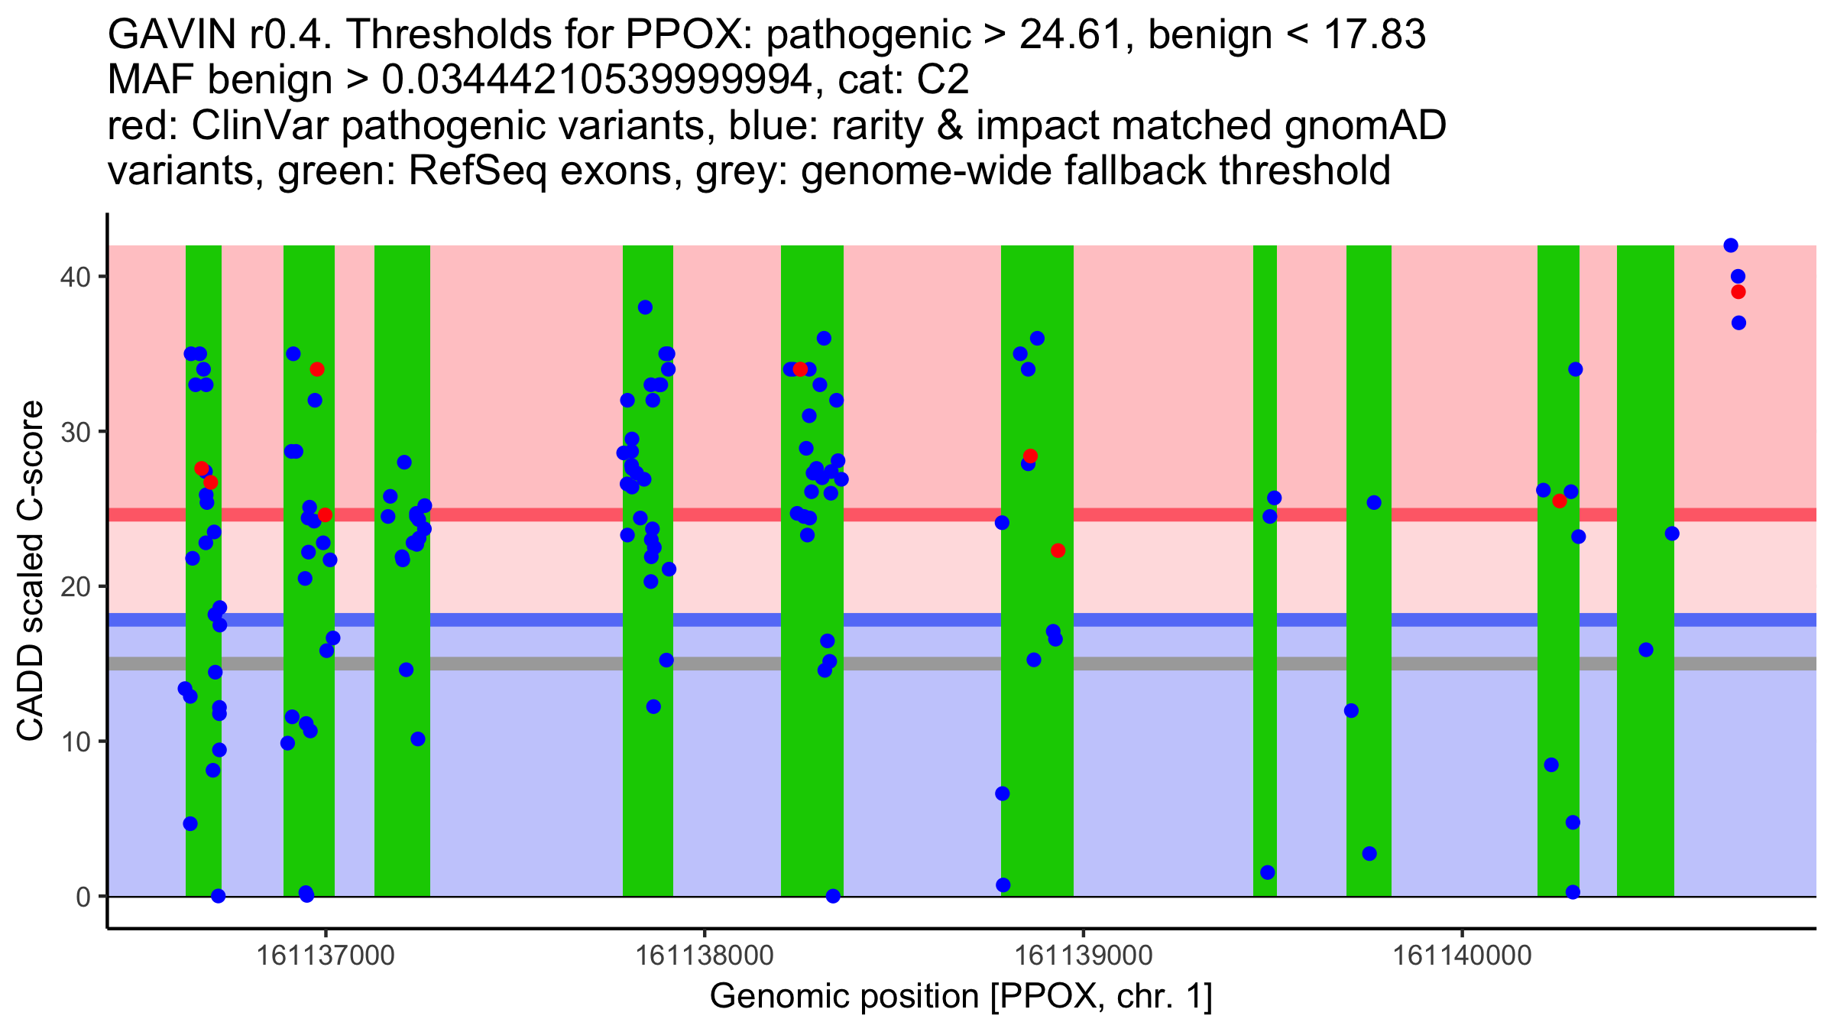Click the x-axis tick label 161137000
pos(326,956)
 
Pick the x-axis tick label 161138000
pos(705,956)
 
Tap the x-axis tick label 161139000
pos(1084,956)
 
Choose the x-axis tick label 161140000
pos(1463,956)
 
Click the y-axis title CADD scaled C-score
pos(31,572)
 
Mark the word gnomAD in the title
pos(1365,126)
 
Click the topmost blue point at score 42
pos(1731,245)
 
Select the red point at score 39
pos(1738,292)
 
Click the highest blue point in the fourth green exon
pos(645,307)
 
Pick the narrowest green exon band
pos(1265,570)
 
